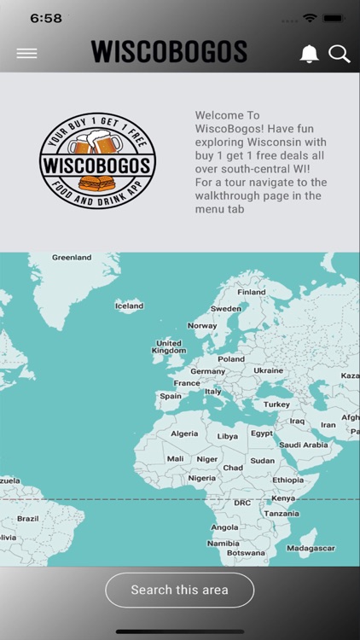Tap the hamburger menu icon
pyautogui.click(x=26, y=53)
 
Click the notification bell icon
pyautogui.click(x=309, y=54)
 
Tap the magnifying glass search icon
pyautogui.click(x=339, y=54)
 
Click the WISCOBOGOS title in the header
pyautogui.click(x=169, y=53)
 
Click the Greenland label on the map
pyautogui.click(x=72, y=257)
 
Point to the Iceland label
pyautogui.click(x=130, y=305)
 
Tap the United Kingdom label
pyautogui.click(x=168, y=346)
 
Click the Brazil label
pyautogui.click(x=28, y=518)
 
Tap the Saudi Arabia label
pyautogui.click(x=304, y=445)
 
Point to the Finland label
pyautogui.click(x=252, y=292)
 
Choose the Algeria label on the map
pyautogui.click(x=184, y=433)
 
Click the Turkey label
pyautogui.click(x=276, y=404)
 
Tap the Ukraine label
pyautogui.click(x=268, y=370)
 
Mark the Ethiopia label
pyautogui.click(x=288, y=480)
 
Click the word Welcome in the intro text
pyautogui.click(x=216, y=115)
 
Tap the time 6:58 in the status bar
pyautogui.click(x=46, y=18)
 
